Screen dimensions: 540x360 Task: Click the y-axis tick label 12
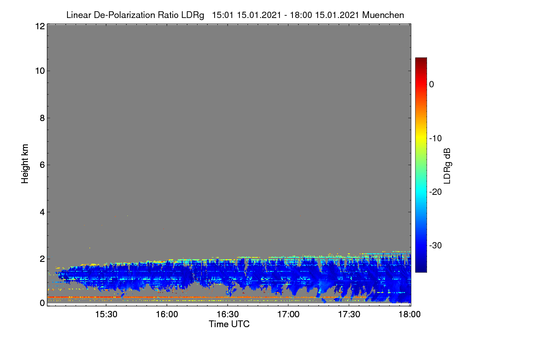click(40, 26)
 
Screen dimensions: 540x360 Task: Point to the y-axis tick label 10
click(40, 71)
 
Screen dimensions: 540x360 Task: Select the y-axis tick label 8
click(42, 118)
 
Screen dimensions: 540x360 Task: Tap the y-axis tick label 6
click(42, 165)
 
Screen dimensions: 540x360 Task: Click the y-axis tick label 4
click(42, 212)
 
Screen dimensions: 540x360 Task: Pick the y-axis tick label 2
click(42, 259)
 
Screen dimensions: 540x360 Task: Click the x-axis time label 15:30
click(106, 314)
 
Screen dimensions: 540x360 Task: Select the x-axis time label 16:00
click(167, 314)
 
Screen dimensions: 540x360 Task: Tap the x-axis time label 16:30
click(228, 314)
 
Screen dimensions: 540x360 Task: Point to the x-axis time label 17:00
click(288, 314)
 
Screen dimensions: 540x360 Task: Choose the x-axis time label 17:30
click(349, 314)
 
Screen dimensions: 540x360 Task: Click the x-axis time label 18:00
click(409, 314)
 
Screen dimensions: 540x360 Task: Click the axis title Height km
click(25, 164)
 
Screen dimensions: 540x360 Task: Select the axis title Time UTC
click(229, 324)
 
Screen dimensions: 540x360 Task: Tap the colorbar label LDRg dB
click(447, 166)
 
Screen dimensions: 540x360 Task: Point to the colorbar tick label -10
click(436, 139)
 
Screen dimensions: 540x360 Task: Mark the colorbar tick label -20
click(436, 192)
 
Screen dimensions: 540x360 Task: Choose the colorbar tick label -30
click(436, 245)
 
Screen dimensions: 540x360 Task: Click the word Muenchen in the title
click(383, 15)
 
